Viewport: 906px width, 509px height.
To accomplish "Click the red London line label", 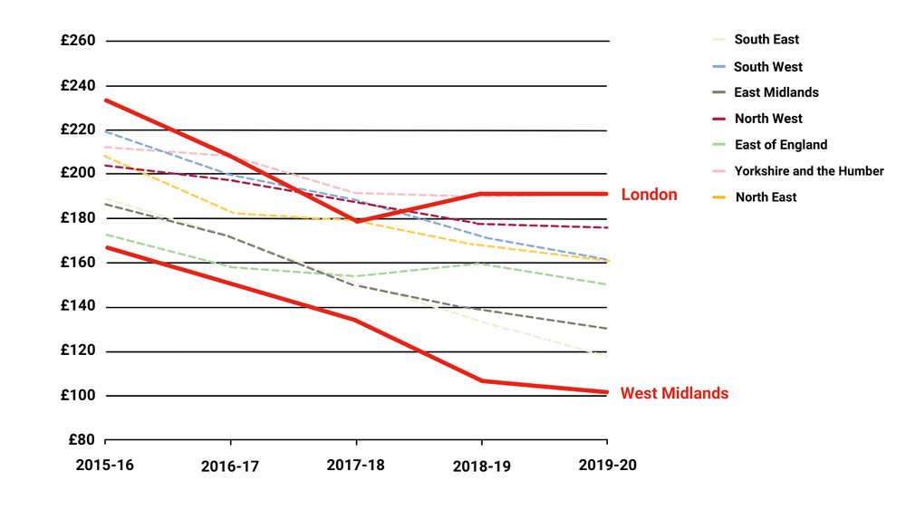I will [649, 195].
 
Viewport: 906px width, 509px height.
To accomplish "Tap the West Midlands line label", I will [674, 393].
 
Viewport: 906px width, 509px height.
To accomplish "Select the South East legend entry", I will [766, 40].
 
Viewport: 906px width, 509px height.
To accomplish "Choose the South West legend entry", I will [768, 67].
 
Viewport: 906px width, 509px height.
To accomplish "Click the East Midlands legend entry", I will [776, 92].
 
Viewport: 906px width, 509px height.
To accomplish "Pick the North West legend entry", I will [768, 119].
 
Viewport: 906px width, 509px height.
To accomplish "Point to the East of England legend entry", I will [780, 145].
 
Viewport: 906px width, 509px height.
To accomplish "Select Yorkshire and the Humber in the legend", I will [809, 171].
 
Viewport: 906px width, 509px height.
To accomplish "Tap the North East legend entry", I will [766, 197].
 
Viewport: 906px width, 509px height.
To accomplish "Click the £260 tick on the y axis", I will [78, 41].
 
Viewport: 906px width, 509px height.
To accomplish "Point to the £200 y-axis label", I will [78, 173].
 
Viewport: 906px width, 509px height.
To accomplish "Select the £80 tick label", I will [82, 440].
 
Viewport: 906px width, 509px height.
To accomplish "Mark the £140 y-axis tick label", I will [78, 306].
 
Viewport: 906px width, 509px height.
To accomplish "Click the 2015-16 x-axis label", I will [105, 465].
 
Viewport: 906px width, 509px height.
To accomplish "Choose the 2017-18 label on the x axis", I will [356, 465].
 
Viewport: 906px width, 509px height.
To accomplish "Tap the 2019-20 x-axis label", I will [607, 465].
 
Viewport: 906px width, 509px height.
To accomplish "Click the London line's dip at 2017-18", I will [356, 221].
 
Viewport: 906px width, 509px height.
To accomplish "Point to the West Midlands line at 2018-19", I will [481, 380].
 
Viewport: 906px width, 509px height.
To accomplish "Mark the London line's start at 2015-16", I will [106, 100].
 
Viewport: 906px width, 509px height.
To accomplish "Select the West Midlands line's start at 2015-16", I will [106, 247].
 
